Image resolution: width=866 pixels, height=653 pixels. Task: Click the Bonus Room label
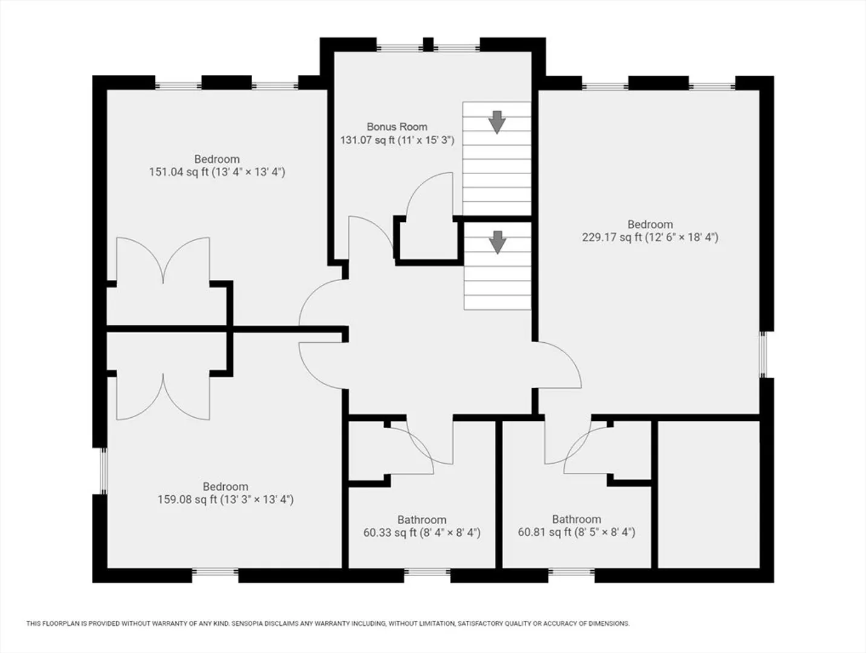pos(397,127)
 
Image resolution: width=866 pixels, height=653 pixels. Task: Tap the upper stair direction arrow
pos(496,122)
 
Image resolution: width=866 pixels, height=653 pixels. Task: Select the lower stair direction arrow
pos(498,242)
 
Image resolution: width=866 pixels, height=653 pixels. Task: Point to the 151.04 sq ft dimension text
pos(217,172)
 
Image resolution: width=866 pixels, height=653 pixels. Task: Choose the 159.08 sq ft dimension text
pos(226,499)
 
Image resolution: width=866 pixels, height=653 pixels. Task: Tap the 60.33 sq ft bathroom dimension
pos(422,533)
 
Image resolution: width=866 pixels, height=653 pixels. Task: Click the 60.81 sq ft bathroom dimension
pos(576,532)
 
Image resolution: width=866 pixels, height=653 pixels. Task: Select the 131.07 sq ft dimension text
pos(397,140)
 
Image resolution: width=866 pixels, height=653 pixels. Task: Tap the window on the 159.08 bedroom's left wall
pos(103,471)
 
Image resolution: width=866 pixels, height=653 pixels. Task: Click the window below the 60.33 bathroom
pos(428,572)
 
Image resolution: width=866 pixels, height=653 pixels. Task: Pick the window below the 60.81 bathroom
pos(571,572)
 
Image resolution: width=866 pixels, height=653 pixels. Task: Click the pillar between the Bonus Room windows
pos(428,45)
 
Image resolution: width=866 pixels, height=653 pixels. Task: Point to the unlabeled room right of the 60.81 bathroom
pos(709,495)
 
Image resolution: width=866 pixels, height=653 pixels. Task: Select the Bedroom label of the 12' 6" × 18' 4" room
pos(650,224)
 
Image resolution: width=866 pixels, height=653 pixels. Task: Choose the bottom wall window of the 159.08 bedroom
pos(215,572)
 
